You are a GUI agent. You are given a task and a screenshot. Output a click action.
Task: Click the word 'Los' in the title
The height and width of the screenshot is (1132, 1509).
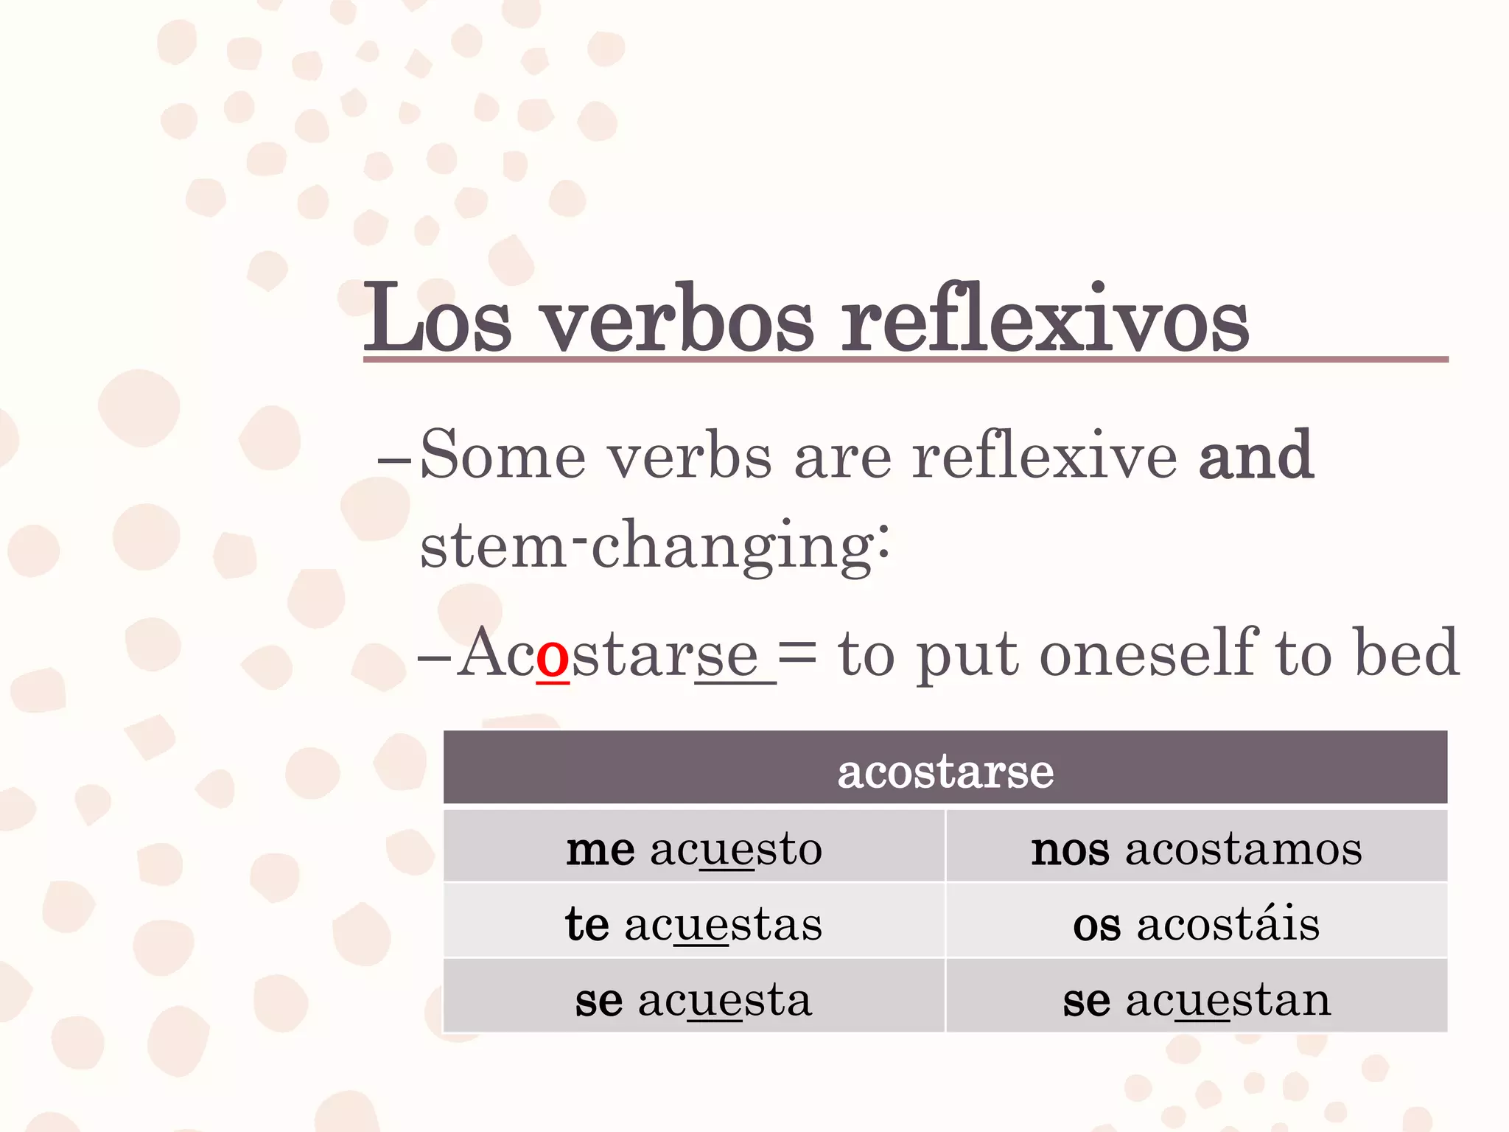coord(438,318)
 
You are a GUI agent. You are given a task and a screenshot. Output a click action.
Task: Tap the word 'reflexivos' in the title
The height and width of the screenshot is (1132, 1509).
coord(1045,318)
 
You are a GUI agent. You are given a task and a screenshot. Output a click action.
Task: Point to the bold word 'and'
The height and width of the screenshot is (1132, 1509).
coord(1256,455)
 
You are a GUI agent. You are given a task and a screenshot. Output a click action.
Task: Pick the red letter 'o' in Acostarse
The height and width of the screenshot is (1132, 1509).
coord(553,655)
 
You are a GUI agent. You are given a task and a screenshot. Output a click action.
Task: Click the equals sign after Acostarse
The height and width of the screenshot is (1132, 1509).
coord(797,653)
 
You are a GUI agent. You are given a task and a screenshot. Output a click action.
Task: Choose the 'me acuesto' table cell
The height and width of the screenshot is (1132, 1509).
coord(694,848)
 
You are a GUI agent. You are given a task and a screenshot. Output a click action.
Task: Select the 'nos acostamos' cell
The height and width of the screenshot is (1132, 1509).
coord(1197,848)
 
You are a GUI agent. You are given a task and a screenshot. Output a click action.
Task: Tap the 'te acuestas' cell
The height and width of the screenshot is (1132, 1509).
coord(694,923)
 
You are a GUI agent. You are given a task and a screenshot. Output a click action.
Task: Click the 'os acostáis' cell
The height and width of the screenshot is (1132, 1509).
coord(1197,923)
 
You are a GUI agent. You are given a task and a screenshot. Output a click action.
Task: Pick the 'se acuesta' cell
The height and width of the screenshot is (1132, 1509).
coord(694,1000)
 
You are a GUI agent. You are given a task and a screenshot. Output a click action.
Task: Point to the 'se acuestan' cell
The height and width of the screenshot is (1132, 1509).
coord(1197,1000)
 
